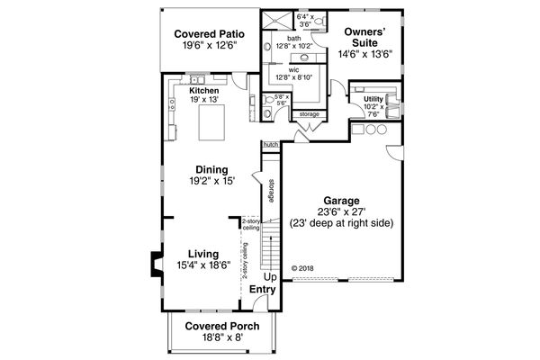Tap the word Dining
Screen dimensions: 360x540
(x=211, y=169)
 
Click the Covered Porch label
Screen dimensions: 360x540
(x=222, y=326)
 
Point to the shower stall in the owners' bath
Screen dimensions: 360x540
(x=274, y=20)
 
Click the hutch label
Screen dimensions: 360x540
(x=269, y=143)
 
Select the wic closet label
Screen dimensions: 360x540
(x=293, y=68)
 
